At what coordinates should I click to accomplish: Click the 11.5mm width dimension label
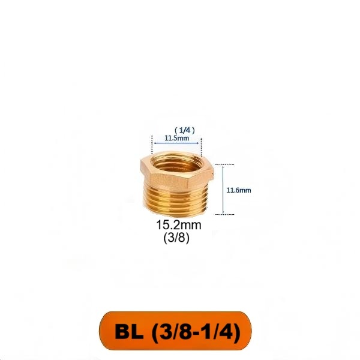pyautogui.click(x=177, y=138)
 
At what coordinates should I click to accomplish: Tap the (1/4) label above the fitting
pyautogui.click(x=185, y=130)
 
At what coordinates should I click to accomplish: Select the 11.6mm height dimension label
pyautogui.click(x=239, y=190)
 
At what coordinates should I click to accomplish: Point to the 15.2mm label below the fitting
pyautogui.click(x=179, y=225)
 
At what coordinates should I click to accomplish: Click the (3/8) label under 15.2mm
pyautogui.click(x=176, y=238)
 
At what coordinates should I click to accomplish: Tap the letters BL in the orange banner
pyautogui.click(x=129, y=331)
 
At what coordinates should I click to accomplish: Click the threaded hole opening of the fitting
pyautogui.click(x=176, y=163)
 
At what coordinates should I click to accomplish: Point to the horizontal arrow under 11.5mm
pyautogui.click(x=176, y=143)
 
